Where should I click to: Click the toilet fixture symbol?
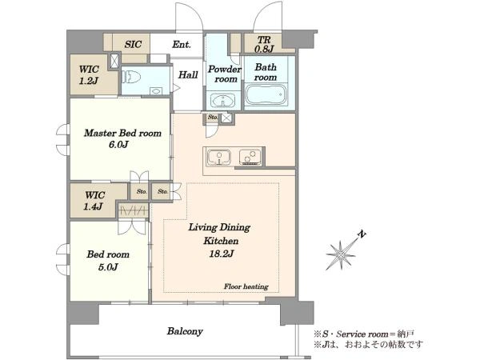coord(131,77)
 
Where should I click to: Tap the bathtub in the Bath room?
coord(266,95)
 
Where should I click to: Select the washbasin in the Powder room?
coord(223,100)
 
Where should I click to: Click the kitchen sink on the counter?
coord(218,158)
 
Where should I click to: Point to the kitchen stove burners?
coord(250,158)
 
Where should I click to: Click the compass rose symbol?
coord(341,254)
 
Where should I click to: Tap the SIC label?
coord(133,44)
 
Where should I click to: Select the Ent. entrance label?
coord(182,44)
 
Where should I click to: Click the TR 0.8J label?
coord(263,44)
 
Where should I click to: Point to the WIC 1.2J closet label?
coord(89,74)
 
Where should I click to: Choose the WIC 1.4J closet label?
coord(94,201)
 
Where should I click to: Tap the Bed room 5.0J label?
coord(108,261)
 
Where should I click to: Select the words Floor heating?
coord(246,286)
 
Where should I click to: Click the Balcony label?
coord(185,331)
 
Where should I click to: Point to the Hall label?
coord(188,74)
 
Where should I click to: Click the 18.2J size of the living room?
coord(222,254)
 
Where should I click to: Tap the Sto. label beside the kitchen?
coord(213,117)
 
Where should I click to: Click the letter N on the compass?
coord(362,234)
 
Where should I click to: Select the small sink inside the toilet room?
coord(156,91)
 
